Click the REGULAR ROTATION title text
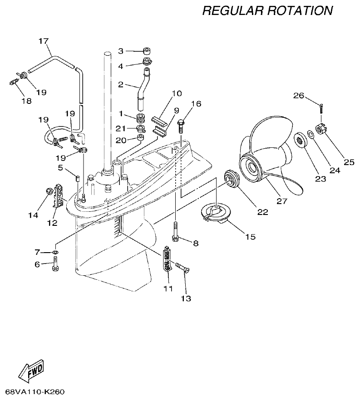tap(267, 10)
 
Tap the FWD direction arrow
tap(31, 371)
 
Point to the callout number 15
tap(250, 236)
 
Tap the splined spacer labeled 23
tap(299, 139)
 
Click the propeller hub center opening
tap(252, 167)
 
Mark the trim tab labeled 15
tap(216, 212)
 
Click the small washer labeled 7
tap(55, 252)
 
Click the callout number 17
tap(43, 41)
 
